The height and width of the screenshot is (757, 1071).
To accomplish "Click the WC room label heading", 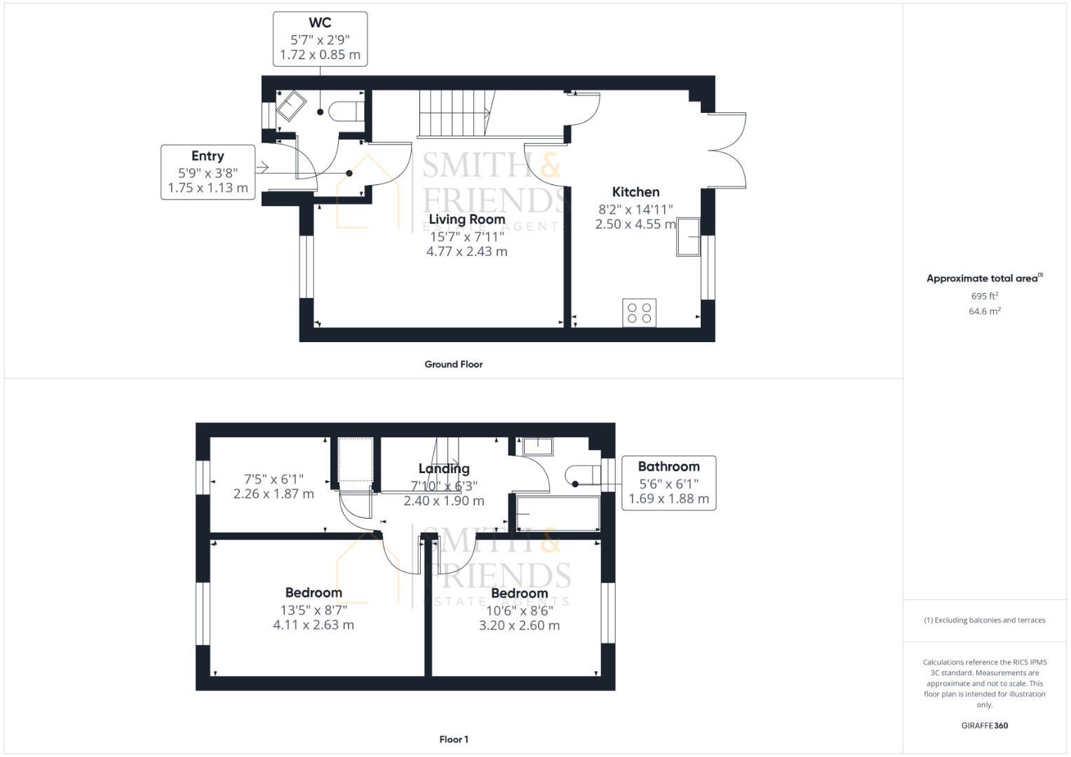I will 320,23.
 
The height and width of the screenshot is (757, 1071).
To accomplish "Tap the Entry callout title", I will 208,156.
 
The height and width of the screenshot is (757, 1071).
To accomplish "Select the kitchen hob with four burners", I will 639,313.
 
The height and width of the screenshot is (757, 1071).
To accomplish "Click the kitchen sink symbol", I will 688,237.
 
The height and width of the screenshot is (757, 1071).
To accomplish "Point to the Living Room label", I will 466,219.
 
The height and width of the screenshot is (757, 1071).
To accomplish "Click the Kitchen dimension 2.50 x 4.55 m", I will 635,224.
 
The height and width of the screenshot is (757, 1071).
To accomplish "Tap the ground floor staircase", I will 453,114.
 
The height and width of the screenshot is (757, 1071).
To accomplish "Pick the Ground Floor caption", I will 453,364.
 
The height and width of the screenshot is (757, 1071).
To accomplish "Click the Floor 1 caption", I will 453,739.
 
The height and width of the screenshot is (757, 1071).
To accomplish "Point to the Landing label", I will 444,469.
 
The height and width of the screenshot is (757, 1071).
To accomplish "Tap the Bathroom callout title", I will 668,467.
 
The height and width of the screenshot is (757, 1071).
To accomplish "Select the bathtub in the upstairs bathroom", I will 558,514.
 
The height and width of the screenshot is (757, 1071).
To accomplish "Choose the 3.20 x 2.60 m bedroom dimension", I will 519,626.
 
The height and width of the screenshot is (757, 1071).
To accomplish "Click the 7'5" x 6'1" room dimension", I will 274,479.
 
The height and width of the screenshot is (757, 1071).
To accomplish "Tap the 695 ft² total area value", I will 984,296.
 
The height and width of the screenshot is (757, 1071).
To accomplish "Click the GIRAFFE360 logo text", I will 984,726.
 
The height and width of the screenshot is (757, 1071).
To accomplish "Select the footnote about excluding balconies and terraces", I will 984,620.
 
